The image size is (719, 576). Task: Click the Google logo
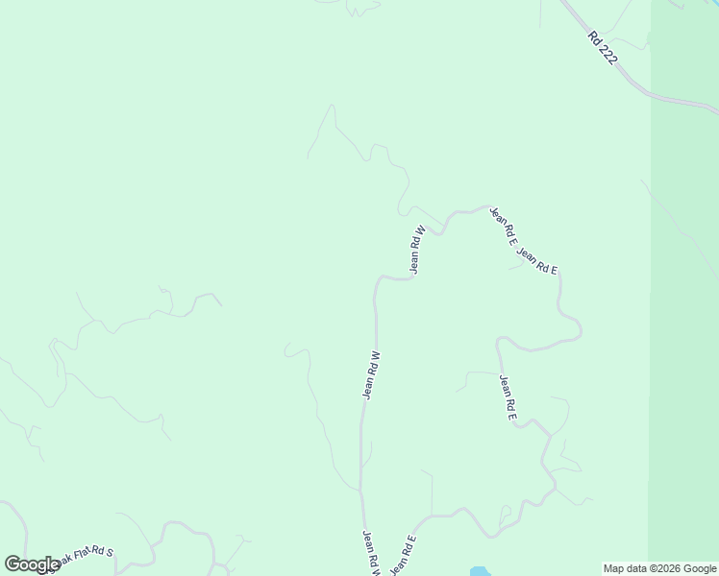click(32, 564)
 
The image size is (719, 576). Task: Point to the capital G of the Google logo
click(12, 564)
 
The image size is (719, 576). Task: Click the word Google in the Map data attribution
click(701, 568)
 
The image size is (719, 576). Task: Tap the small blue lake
click(479, 572)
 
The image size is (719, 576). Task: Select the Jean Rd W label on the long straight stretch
click(372, 374)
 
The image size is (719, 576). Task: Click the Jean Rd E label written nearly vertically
click(508, 396)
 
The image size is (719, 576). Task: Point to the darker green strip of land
click(683, 288)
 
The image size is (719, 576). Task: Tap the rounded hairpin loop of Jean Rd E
click(575, 331)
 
